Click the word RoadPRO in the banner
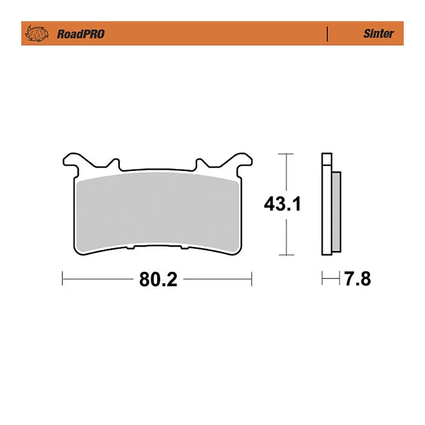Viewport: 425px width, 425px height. (x=80, y=34)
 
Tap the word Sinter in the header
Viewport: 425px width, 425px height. (x=378, y=33)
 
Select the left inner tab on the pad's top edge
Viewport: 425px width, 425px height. (x=114, y=163)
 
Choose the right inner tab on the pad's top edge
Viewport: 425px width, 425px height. (x=202, y=163)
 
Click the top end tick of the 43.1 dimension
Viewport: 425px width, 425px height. (x=286, y=154)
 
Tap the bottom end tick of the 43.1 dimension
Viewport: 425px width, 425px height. (x=286, y=254)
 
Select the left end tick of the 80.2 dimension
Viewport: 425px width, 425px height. (x=63, y=278)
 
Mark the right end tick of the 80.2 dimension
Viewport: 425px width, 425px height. (x=252, y=278)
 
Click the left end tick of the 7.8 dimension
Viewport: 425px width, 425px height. (x=322, y=278)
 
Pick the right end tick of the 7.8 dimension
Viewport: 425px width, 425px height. (x=340, y=278)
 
